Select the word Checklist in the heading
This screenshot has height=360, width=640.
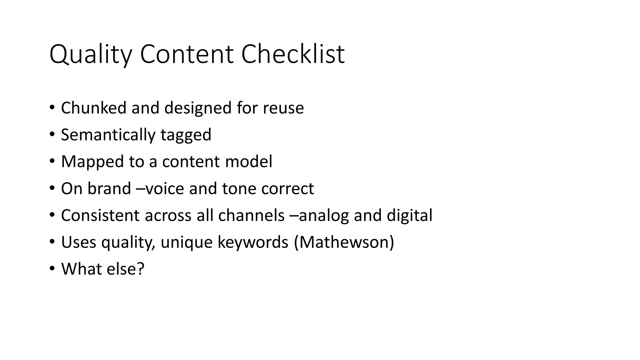(293, 54)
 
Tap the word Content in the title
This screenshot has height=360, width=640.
(187, 54)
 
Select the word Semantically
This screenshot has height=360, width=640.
(108, 135)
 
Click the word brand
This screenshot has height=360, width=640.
(109, 188)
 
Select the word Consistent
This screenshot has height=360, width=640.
(100, 215)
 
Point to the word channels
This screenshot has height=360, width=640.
(251, 215)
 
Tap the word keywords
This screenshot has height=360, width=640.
(252, 242)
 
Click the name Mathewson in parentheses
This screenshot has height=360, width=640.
(344, 242)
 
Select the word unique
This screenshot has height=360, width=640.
(187, 243)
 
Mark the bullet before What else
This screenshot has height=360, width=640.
(52, 269)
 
